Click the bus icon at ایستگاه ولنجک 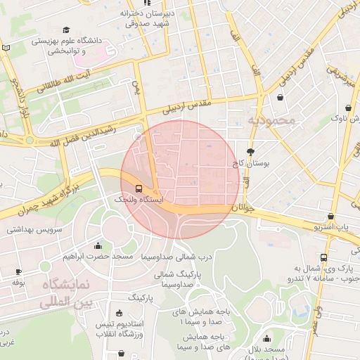[138, 188]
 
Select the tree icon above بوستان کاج [250, 152]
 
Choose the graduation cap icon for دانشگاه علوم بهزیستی [66, 30]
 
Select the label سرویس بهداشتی [34, 229]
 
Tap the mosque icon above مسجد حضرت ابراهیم [97, 245]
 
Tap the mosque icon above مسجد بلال [266, 337]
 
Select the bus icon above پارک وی [323, 257]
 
